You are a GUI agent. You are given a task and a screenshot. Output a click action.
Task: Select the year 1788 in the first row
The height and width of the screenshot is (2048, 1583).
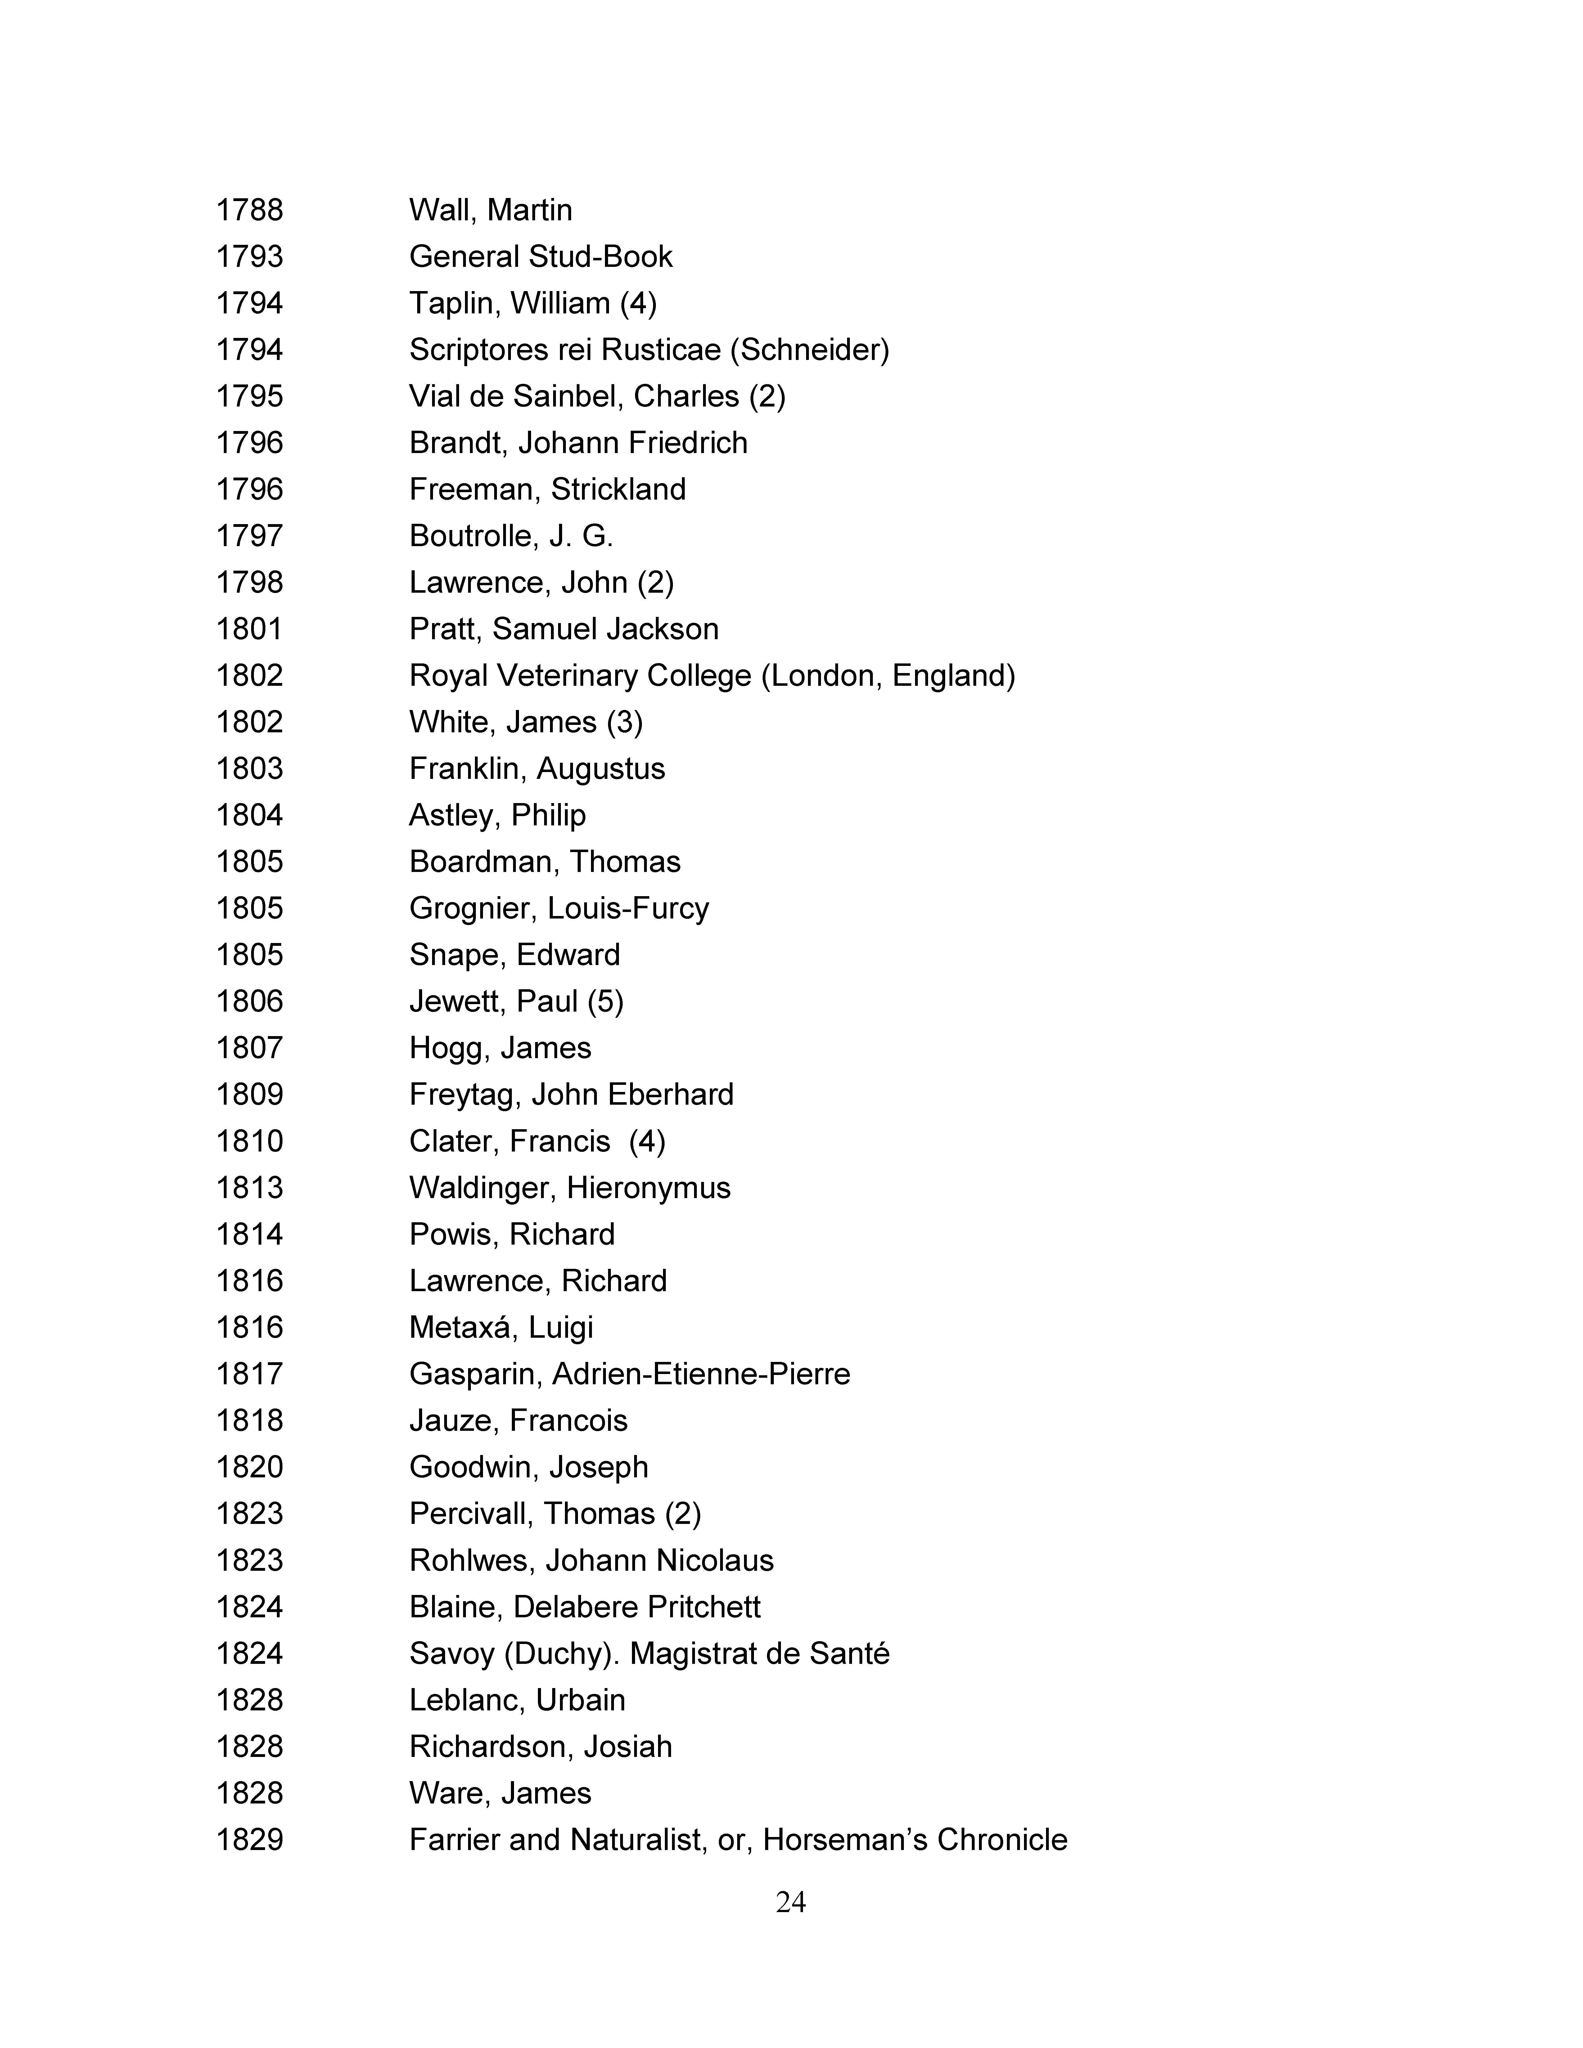250,210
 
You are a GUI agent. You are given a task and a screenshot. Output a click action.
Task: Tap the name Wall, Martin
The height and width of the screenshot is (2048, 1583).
490,210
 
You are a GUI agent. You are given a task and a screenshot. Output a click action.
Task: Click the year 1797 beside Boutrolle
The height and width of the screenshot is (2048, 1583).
250,537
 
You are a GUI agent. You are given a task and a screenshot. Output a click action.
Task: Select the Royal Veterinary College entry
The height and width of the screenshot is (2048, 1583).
712,676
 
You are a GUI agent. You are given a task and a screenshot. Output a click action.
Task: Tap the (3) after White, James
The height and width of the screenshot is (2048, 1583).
625,722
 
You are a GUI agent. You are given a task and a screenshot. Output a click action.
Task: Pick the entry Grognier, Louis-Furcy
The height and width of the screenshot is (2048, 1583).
559,909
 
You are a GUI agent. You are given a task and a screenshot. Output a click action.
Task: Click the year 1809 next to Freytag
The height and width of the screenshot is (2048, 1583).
250,1094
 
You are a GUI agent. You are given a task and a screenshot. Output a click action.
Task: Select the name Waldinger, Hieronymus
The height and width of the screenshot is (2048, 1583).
569,1188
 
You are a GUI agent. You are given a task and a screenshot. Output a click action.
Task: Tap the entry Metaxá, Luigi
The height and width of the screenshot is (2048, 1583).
501,1328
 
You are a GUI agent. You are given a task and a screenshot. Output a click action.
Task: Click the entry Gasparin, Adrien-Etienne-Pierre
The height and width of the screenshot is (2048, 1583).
629,1374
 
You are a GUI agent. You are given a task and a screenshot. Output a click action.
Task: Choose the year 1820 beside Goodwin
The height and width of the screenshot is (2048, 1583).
250,1467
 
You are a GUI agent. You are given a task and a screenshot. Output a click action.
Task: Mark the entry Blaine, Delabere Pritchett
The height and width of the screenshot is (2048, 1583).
584,1607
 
